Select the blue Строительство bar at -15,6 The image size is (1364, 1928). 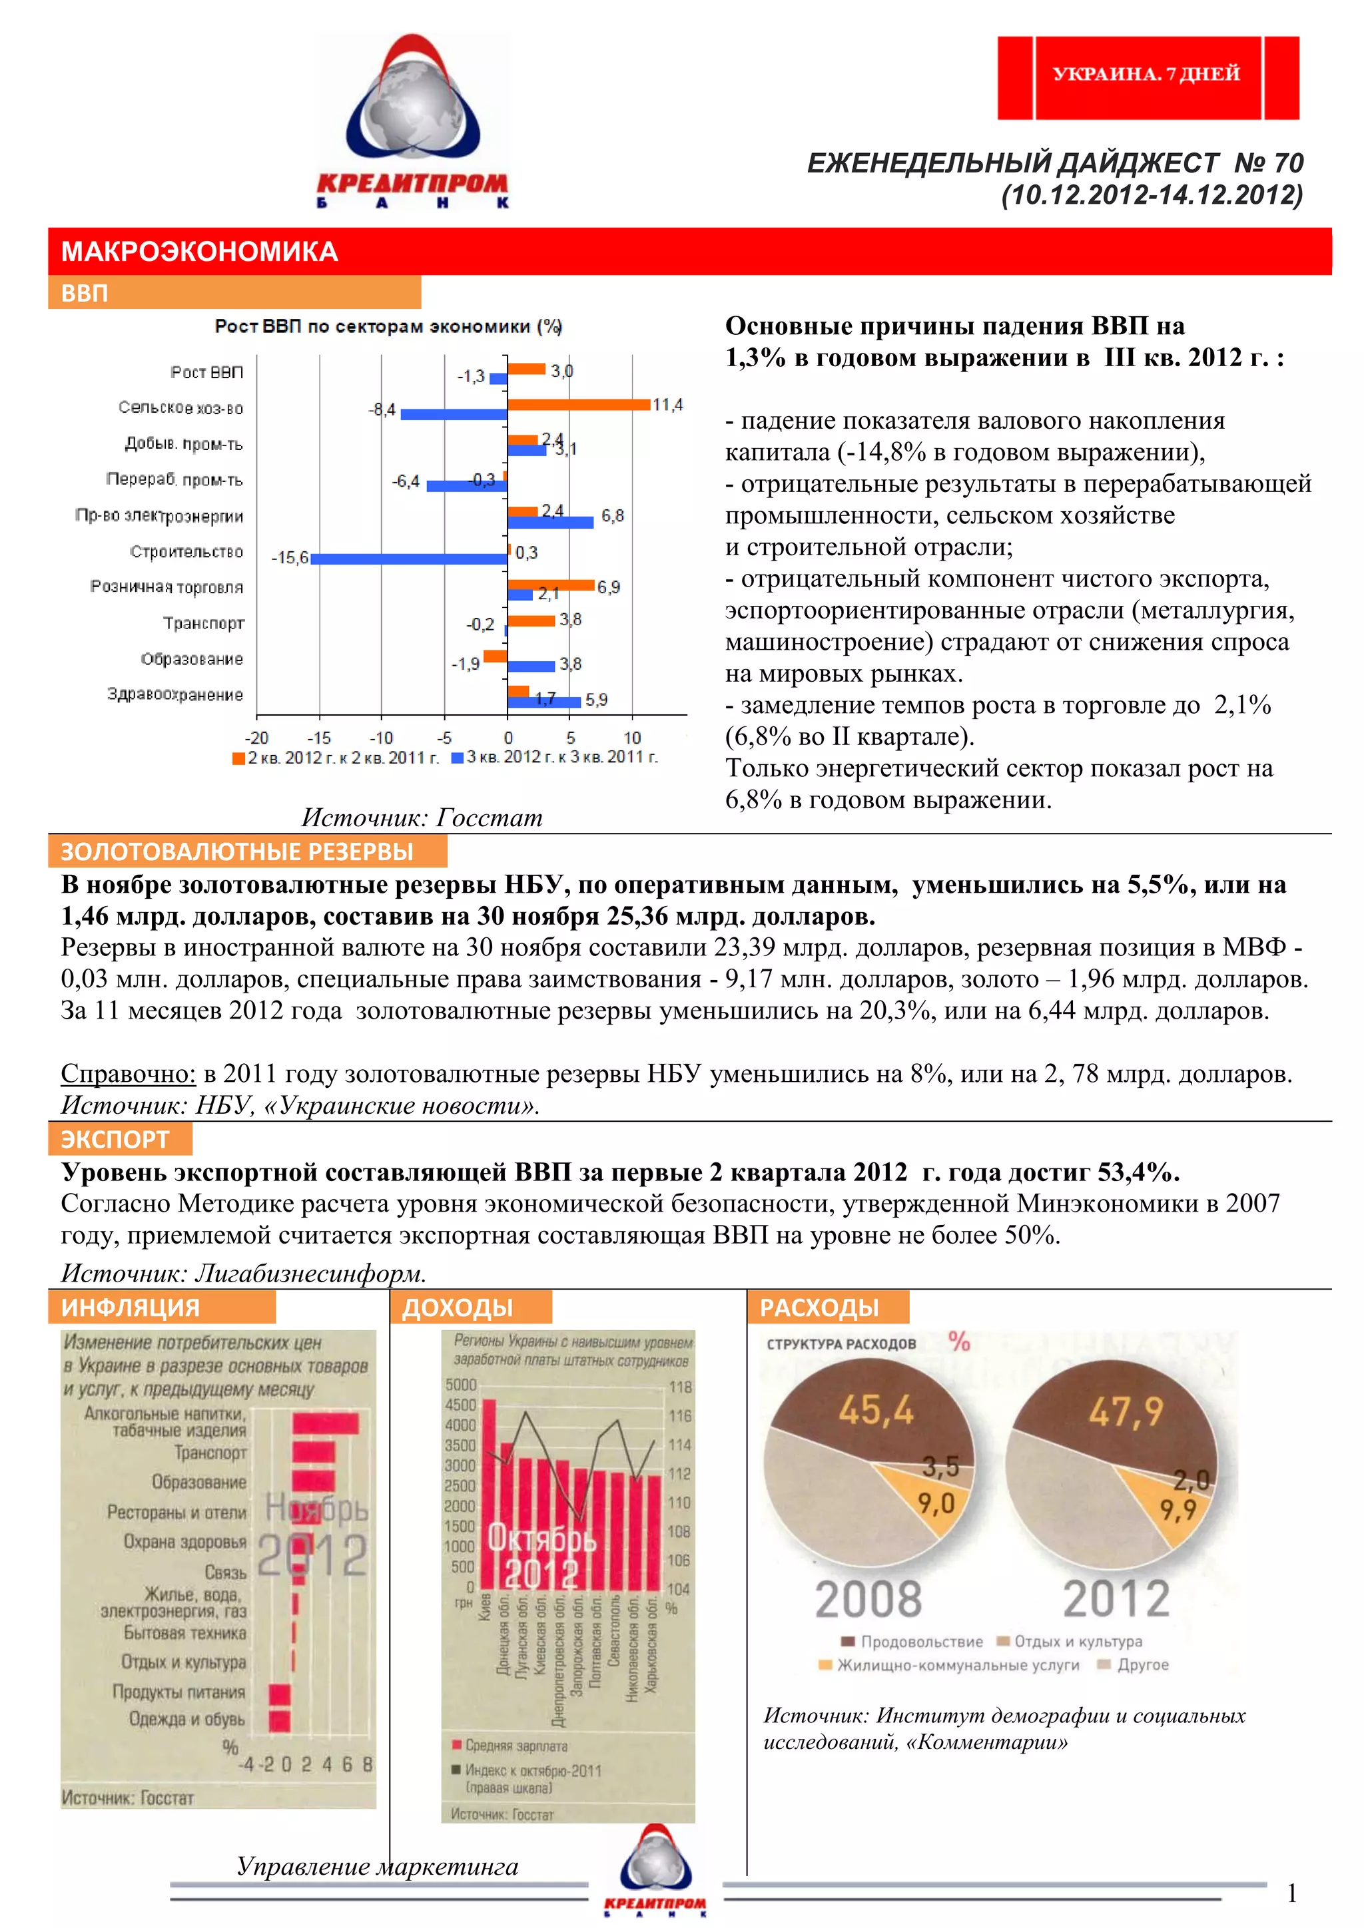(x=409, y=559)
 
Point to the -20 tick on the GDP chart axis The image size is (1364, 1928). (x=256, y=738)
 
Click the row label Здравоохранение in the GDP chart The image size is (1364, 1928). (x=174, y=694)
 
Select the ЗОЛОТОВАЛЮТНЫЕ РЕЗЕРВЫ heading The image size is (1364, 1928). (x=238, y=851)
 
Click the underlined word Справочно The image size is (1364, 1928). (x=128, y=1073)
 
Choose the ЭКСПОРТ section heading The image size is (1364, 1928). (x=116, y=1140)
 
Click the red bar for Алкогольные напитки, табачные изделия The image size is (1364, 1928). (x=326, y=1423)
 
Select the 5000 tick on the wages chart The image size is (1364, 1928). (x=461, y=1385)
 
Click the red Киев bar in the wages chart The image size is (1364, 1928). (x=488, y=1495)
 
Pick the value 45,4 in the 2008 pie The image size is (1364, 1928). (x=876, y=1411)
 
